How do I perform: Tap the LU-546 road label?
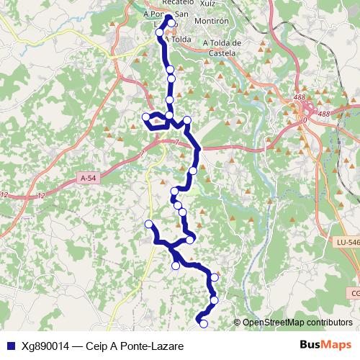[x=347, y=243]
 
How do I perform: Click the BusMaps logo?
[x=325, y=346]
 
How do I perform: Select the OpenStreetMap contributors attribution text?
[x=297, y=323]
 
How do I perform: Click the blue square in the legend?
[x=10, y=346]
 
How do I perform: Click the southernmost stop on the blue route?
[x=204, y=324]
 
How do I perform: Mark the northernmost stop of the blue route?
[x=172, y=22]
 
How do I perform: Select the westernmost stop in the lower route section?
[x=149, y=225]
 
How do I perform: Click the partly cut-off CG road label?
[x=355, y=293]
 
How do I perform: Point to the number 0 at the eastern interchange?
[x=304, y=120]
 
